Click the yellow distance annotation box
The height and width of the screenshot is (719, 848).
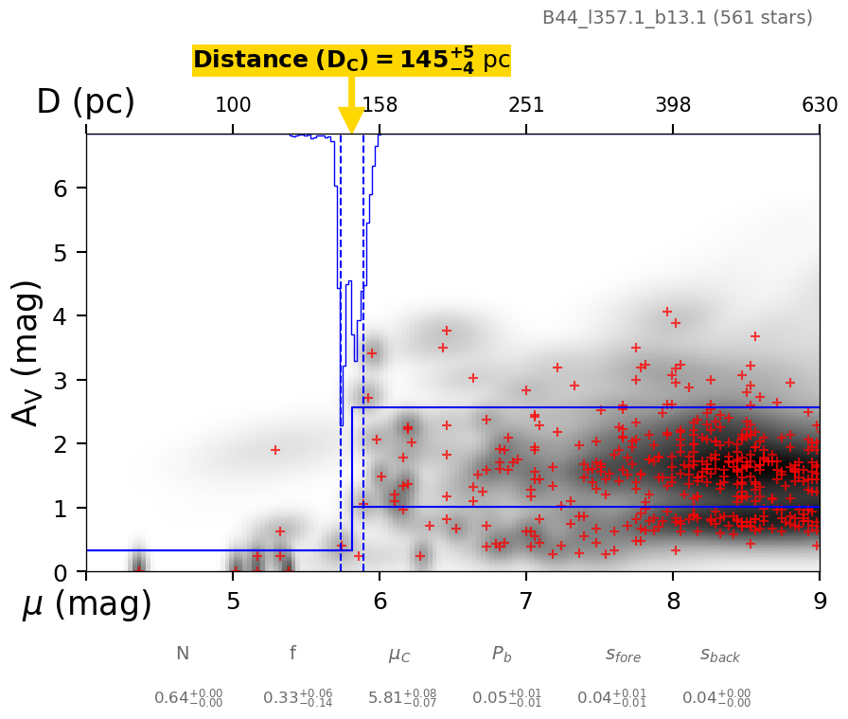pyautogui.click(x=351, y=61)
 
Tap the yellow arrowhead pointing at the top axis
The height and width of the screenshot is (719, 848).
pyautogui.click(x=351, y=120)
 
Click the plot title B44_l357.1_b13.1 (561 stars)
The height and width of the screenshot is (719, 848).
pyautogui.click(x=677, y=18)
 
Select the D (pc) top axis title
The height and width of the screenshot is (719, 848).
pyautogui.click(x=85, y=102)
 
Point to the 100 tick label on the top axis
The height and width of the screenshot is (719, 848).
pyautogui.click(x=233, y=105)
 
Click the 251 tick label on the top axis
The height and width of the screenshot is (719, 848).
pyautogui.click(x=526, y=105)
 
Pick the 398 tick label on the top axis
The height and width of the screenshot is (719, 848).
pyautogui.click(x=673, y=105)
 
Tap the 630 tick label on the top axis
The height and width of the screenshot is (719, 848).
pyautogui.click(x=820, y=105)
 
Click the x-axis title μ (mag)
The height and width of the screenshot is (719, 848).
pyautogui.click(x=86, y=604)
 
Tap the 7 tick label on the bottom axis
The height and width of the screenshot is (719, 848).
pyautogui.click(x=526, y=602)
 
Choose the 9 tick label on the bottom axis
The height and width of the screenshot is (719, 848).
pyautogui.click(x=820, y=602)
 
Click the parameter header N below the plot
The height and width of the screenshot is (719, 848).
pyautogui.click(x=183, y=654)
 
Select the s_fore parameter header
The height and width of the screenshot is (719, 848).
pyautogui.click(x=623, y=655)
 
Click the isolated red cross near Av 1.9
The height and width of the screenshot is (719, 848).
pyautogui.click(x=275, y=450)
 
